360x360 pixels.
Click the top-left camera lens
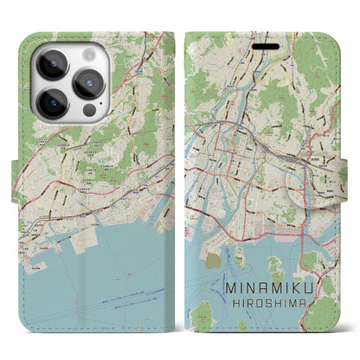(51, 63)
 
